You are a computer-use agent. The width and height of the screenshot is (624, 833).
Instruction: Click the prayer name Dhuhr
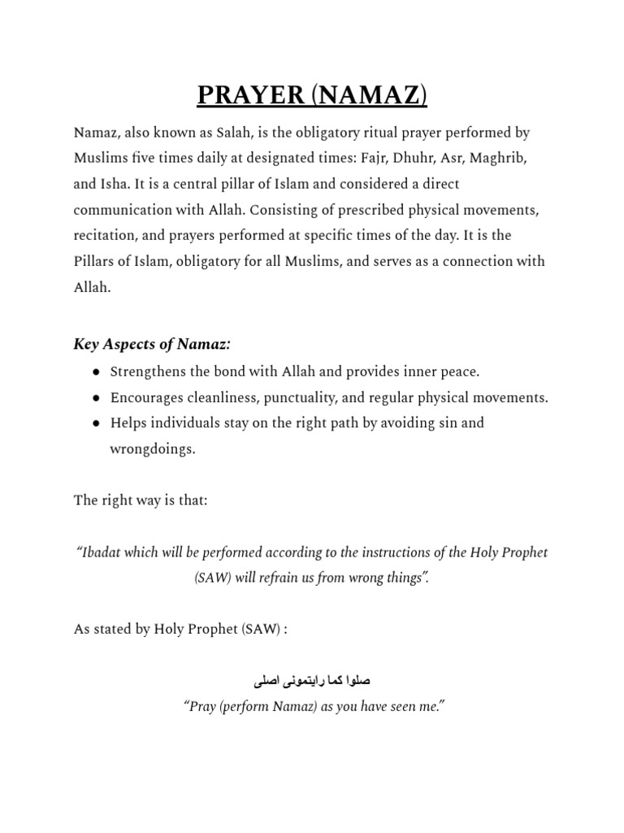pyautogui.click(x=409, y=158)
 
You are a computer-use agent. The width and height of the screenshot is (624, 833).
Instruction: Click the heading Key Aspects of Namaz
pyautogui.click(x=152, y=345)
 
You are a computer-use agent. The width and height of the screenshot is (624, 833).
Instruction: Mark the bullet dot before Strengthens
pyautogui.click(x=96, y=373)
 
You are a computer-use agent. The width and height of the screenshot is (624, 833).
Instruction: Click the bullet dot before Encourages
pyautogui.click(x=96, y=398)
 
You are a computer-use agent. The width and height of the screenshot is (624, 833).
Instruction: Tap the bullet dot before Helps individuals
pyautogui.click(x=96, y=424)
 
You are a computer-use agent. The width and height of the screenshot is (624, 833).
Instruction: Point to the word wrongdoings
pyautogui.click(x=152, y=449)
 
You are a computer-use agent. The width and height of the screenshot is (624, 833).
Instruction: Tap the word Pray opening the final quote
pyautogui.click(x=203, y=706)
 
